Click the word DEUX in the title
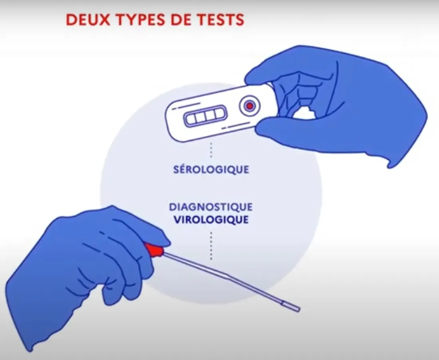click(88, 20)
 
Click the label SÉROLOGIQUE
click(211, 169)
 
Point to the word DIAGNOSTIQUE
click(211, 207)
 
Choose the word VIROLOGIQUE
click(211, 220)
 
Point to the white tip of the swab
click(291, 306)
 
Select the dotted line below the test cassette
click(211, 150)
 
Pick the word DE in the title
click(181, 20)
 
